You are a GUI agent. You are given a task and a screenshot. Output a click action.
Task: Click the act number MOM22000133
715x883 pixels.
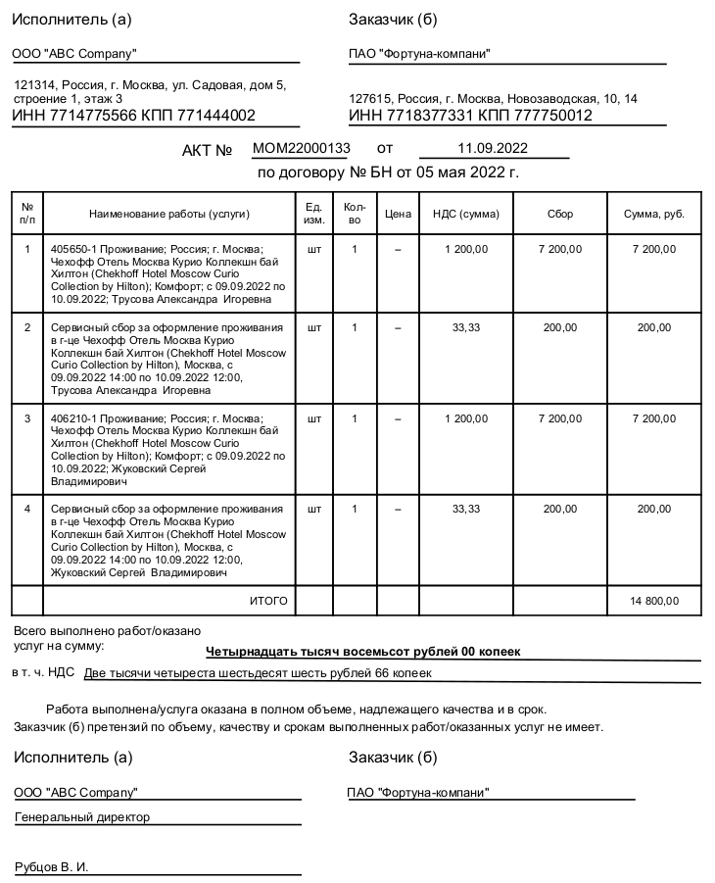[x=301, y=149]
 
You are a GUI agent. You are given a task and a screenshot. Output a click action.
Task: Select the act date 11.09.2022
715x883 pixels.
[x=493, y=149]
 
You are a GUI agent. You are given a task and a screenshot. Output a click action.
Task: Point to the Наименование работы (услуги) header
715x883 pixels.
[x=169, y=214]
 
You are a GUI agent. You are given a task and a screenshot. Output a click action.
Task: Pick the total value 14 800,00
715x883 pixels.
[x=654, y=601]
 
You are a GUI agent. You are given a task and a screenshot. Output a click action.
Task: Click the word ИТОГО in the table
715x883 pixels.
[x=268, y=601]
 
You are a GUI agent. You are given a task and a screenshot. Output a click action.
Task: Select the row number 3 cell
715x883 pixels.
[x=27, y=418]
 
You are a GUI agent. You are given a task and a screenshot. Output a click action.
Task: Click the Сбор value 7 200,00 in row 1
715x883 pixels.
[x=560, y=250]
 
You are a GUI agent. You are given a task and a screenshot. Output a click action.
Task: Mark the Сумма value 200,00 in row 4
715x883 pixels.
[x=654, y=509]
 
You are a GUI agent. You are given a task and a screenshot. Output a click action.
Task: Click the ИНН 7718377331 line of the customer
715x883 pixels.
[x=470, y=116]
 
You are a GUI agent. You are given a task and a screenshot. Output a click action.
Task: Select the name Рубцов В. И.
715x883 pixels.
[x=51, y=867]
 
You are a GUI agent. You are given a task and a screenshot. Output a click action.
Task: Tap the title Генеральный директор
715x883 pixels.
[x=82, y=816]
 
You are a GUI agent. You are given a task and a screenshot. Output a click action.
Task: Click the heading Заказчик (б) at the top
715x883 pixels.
[x=393, y=20]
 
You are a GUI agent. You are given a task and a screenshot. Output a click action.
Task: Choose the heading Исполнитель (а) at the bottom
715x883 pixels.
[x=71, y=758]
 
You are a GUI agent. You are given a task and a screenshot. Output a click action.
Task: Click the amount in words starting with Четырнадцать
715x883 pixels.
[x=363, y=651]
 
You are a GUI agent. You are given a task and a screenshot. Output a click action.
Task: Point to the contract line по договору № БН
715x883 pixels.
[x=388, y=173]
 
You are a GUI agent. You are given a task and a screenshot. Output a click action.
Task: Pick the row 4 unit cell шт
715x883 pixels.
[x=313, y=509]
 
